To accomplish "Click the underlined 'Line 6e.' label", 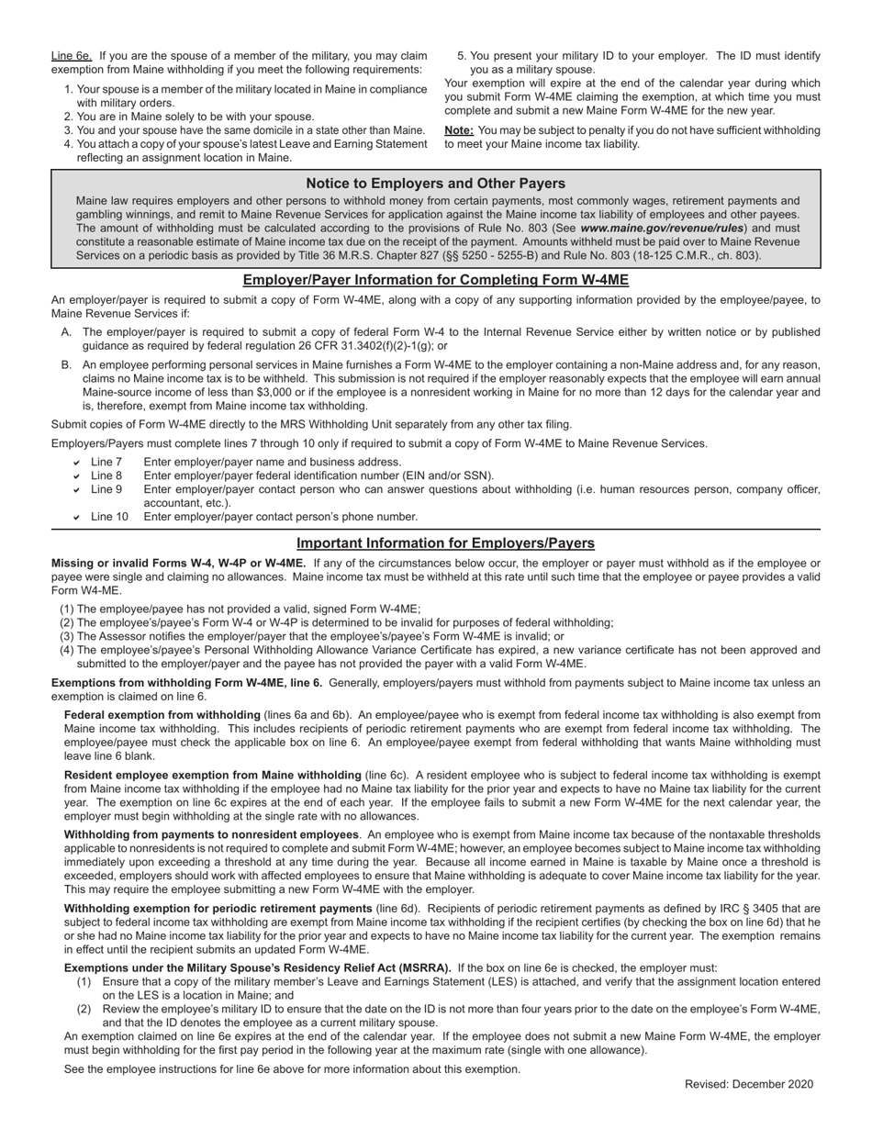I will (x=72, y=56).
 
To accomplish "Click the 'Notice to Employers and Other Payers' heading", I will (x=435, y=184).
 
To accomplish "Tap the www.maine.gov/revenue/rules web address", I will (x=663, y=228).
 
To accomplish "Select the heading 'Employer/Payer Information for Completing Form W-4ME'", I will (x=435, y=280).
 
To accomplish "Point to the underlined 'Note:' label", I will (x=460, y=130).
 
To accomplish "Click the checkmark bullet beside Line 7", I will (x=77, y=463).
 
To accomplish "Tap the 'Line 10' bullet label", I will (x=109, y=517).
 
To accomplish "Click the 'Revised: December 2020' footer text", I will (x=748, y=1084).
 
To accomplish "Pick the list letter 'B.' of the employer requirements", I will (x=67, y=364).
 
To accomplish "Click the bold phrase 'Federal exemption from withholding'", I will (x=162, y=715).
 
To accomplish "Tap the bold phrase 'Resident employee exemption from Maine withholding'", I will (x=212, y=775).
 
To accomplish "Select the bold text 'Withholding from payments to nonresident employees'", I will (x=211, y=834).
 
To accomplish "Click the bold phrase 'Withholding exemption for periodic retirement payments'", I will (x=218, y=908).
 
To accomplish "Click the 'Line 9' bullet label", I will (x=106, y=489).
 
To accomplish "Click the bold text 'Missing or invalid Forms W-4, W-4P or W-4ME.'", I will (x=178, y=563).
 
